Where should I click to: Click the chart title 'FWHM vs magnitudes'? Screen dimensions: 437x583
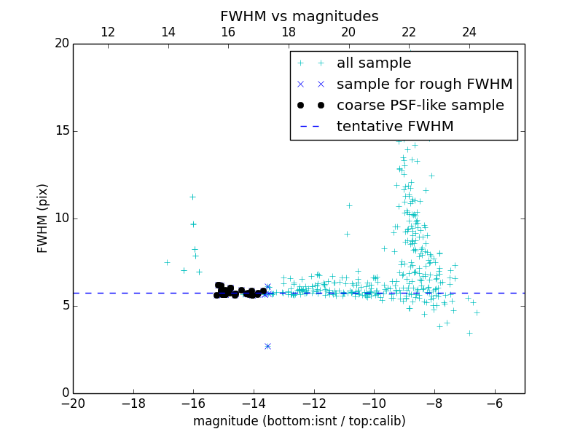coord(299,16)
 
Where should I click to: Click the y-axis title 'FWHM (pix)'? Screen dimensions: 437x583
coord(42,219)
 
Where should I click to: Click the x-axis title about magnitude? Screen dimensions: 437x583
coord(299,421)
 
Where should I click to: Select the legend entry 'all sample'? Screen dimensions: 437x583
coord(373,63)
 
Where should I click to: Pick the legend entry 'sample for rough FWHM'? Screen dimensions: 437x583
coord(424,84)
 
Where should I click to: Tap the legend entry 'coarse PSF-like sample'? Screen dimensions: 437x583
coord(420,106)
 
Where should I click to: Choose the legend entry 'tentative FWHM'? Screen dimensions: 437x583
coord(395,127)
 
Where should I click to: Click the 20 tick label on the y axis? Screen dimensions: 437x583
coord(62,44)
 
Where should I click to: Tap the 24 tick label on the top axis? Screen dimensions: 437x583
coord(469,32)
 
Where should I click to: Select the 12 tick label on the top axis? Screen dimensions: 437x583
coord(108,32)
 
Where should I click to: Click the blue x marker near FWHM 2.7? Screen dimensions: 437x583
coord(267,346)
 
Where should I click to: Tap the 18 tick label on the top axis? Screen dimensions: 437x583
coord(289,32)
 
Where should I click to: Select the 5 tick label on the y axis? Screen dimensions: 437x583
coord(66,306)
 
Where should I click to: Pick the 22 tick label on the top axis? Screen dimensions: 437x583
coord(409,32)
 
